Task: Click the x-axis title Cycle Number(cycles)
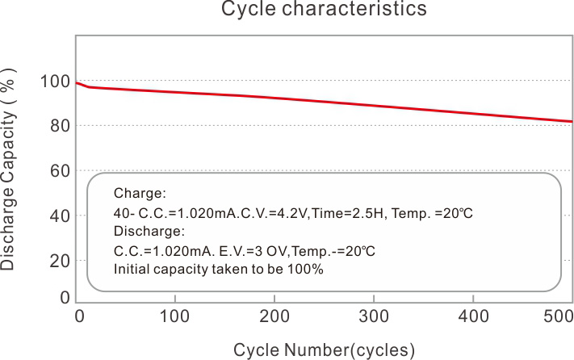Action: pyautogui.click(x=324, y=350)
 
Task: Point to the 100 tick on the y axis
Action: pyautogui.click(x=54, y=81)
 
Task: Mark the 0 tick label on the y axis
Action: pyautogui.click(x=64, y=297)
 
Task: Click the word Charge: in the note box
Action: pyautogui.click(x=140, y=194)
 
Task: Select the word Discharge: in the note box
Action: pyautogui.click(x=149, y=232)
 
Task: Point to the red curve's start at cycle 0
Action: pyautogui.click(x=77, y=82)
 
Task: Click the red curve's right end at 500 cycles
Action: pyautogui.click(x=572, y=121)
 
